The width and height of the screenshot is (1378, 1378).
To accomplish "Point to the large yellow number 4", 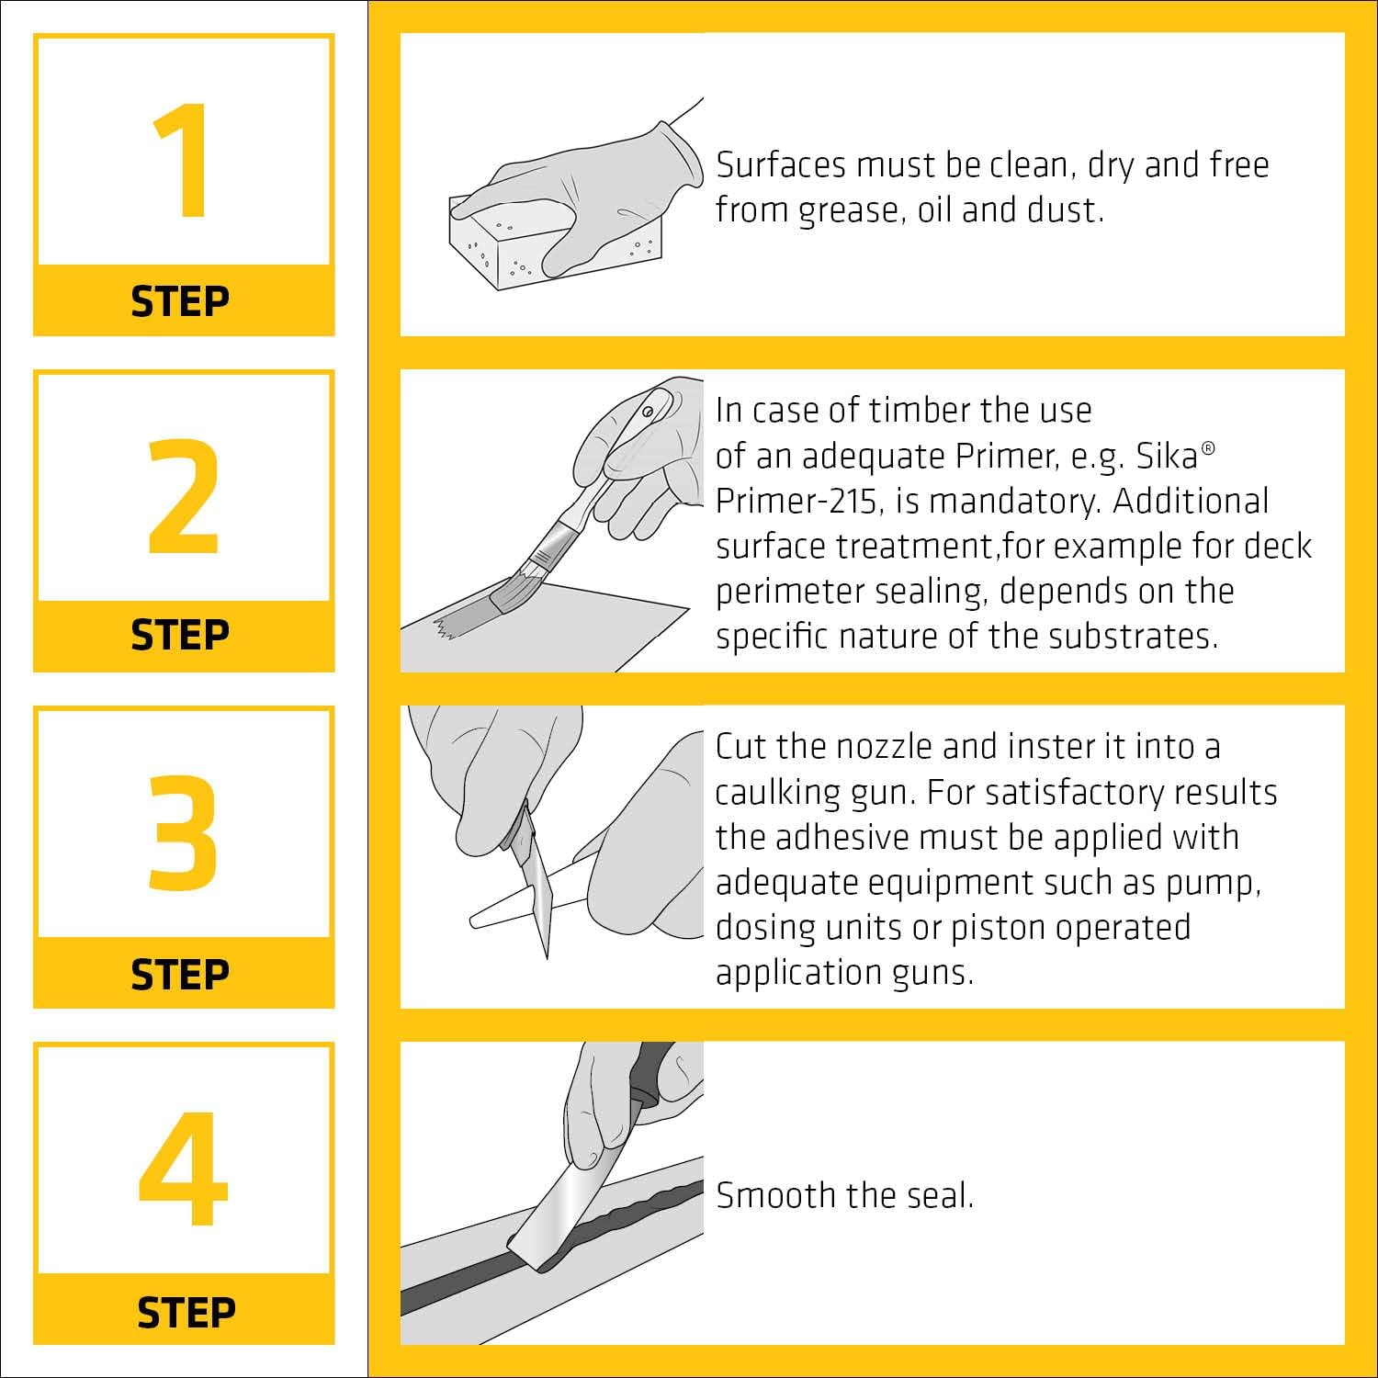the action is pyautogui.click(x=184, y=1169).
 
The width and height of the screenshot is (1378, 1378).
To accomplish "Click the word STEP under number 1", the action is pyautogui.click(x=180, y=301).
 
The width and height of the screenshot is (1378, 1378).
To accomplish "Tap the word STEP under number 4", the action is pyautogui.click(x=186, y=1312).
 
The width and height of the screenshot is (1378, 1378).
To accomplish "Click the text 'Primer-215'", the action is pyautogui.click(x=804, y=501).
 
